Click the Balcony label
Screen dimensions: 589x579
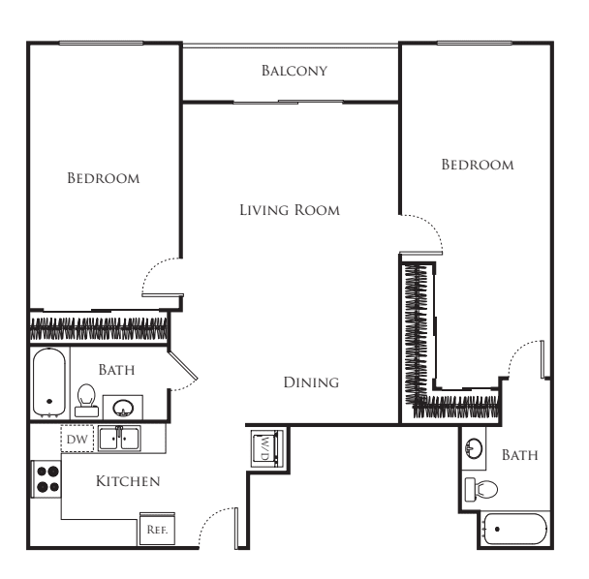tap(294, 71)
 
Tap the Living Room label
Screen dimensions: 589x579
tap(290, 210)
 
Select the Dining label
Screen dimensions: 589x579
tap(311, 382)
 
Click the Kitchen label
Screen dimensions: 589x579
tap(128, 481)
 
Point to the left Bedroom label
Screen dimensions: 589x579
tap(104, 178)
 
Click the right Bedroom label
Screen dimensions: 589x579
tap(478, 165)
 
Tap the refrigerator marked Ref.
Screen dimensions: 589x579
tap(157, 529)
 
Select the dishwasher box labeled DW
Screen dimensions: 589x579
tap(77, 439)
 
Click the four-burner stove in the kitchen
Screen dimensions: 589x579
tap(47, 479)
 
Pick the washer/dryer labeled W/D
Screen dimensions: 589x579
tap(265, 448)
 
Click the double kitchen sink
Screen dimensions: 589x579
tap(119, 439)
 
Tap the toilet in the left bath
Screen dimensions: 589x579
tap(86, 400)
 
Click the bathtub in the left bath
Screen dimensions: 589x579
tap(49, 382)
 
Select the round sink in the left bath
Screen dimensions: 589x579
tap(123, 408)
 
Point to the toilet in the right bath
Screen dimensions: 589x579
tap(481, 489)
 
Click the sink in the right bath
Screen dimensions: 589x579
tap(474, 448)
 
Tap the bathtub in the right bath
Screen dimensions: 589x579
tap(515, 529)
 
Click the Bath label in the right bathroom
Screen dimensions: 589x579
tap(520, 455)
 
